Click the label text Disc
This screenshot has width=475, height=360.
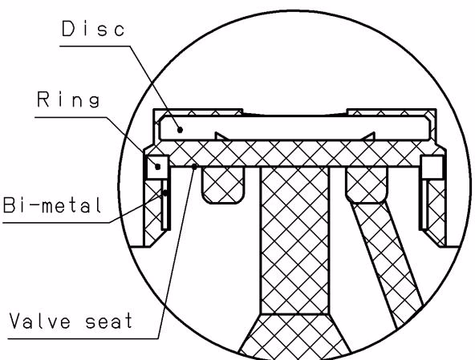[93, 29]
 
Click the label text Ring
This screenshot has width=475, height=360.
[68, 99]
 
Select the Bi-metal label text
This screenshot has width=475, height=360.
[52, 204]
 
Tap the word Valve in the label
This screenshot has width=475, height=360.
[40, 321]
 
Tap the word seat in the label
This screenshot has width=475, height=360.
[109, 321]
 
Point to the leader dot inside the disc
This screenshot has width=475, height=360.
[180, 130]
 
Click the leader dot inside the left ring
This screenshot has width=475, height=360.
[158, 167]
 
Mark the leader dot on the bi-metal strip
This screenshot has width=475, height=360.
[165, 193]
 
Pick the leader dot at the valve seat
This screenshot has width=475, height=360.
[194, 166]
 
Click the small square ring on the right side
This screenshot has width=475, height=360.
[432, 168]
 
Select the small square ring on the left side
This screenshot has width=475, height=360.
[157, 167]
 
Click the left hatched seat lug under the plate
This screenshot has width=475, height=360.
[223, 185]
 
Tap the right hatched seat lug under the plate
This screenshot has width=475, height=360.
[367, 184]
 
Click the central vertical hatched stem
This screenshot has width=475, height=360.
[294, 241]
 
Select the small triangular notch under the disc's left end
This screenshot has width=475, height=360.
[221, 136]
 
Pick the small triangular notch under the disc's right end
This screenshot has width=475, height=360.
[368, 136]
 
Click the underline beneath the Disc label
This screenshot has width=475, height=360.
[95, 46]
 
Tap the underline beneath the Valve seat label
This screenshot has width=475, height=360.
[83, 338]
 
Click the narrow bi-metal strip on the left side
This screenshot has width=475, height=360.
[165, 204]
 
